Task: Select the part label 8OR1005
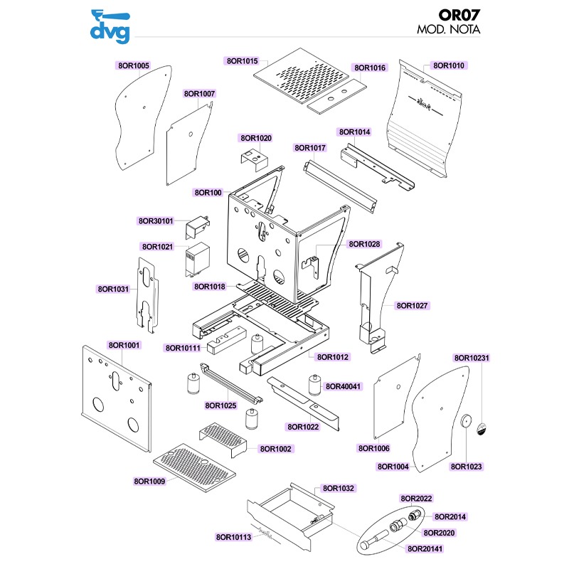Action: [x=132, y=65]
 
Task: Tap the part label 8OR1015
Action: [x=243, y=62]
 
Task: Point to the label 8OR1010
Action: [x=448, y=65]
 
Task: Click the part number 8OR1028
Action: [x=364, y=244]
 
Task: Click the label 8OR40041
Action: [x=344, y=387]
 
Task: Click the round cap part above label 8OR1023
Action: [x=467, y=421]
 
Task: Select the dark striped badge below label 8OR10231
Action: [x=482, y=429]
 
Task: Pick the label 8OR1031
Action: [x=113, y=289]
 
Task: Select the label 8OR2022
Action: [x=417, y=499]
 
